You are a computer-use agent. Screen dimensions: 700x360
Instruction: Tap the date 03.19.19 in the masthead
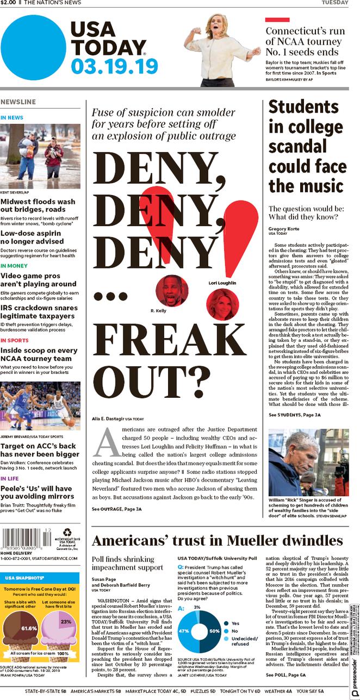tap(114, 66)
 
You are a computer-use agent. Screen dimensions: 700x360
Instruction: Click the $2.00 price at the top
tap(8, 3)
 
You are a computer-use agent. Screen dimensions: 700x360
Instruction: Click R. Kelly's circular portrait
tap(172, 290)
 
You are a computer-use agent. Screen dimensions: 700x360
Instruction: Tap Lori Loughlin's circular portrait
tap(222, 303)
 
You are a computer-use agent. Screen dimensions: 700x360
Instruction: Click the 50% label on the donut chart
tap(214, 631)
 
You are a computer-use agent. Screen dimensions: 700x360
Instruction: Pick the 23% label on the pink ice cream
tap(66, 621)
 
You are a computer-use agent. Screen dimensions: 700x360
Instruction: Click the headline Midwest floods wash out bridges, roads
tap(38, 205)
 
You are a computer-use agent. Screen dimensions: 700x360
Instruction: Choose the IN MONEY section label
tap(14, 266)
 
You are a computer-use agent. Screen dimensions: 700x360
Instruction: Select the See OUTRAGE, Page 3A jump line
tap(116, 509)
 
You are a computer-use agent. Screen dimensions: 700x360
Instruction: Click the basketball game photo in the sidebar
tap(40, 406)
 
